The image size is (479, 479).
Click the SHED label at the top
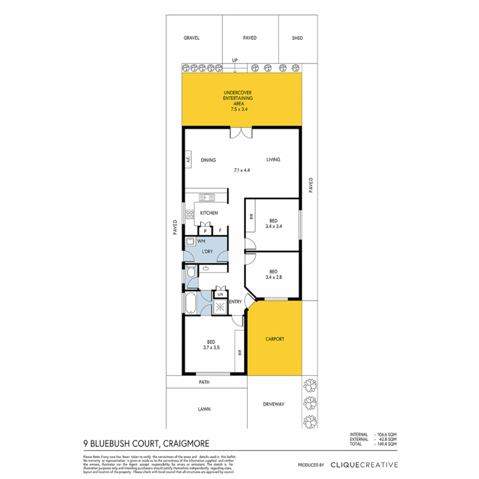[297, 38]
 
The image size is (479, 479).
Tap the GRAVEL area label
[192, 38]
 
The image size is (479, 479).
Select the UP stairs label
[235, 60]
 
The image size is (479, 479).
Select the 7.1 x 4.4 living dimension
[243, 170]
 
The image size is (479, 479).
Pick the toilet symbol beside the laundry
[190, 271]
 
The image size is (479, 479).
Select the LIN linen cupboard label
[220, 294]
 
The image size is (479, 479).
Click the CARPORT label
[275, 339]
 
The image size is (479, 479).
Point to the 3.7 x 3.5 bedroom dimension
[211, 348]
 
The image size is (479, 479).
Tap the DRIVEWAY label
[273, 404]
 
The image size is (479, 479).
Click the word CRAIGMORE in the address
[186, 443]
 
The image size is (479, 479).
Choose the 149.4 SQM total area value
[387, 444]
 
